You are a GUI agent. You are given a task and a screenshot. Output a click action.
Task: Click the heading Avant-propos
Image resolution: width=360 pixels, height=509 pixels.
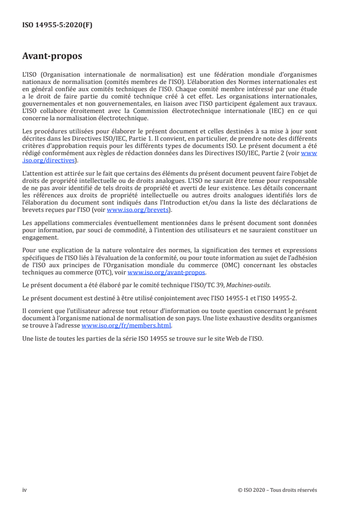[52, 58]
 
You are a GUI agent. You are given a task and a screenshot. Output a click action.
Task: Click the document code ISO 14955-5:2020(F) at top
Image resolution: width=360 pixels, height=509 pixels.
[57, 25]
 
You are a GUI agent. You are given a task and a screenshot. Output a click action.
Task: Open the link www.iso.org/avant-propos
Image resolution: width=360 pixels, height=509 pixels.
[167, 272]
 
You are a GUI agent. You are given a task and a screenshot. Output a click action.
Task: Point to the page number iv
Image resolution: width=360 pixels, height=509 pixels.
[25, 489]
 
